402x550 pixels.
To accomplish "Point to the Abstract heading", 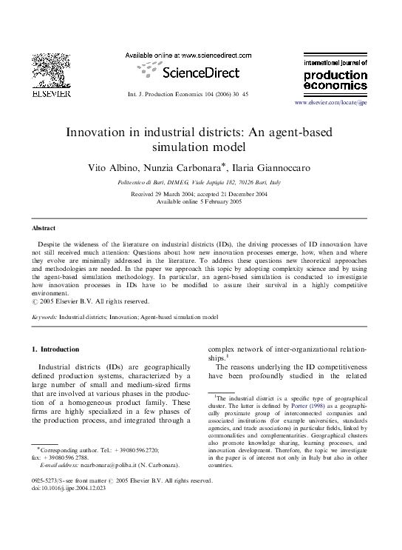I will click(44, 228).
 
